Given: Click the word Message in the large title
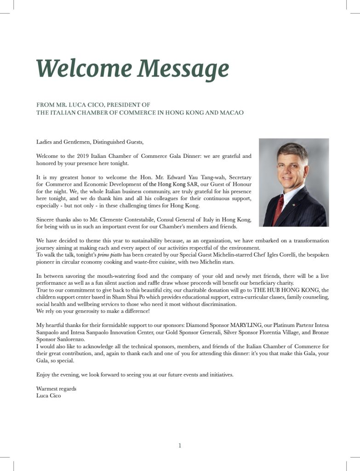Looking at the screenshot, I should coord(184,69).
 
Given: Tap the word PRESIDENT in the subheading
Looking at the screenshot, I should coord(115,105).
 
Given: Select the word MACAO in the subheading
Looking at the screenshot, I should coord(231,113).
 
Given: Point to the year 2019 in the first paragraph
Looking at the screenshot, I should coord(83,156).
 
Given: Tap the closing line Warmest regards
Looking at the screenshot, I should coord(56,389).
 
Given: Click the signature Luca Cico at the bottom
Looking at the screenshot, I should coord(48,396).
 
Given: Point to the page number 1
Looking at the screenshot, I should coord(180,445).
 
